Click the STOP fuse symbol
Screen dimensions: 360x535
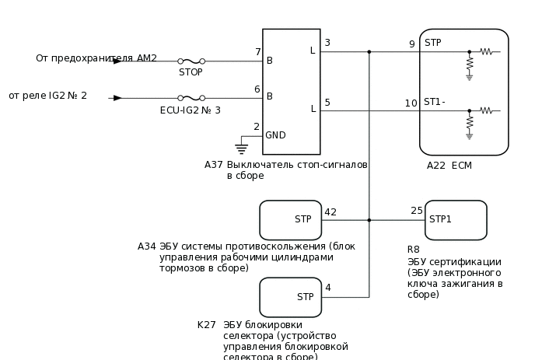pos(191,61)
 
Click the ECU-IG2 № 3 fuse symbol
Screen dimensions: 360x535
pos(191,98)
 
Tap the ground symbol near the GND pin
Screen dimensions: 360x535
pos(241,147)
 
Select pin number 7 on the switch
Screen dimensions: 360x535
pos(257,52)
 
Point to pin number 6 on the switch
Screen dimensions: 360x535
pos(257,89)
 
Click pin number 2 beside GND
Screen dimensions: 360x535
pos(257,127)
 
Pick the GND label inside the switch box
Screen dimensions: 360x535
pos(276,135)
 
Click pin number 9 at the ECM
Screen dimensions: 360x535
pos(411,44)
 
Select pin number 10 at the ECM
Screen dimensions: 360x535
pos(411,103)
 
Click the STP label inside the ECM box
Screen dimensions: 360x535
pos(433,43)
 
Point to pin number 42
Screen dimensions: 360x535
pos(330,211)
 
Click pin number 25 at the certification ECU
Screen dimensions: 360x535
pos(417,211)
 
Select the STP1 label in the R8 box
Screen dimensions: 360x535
pos(440,219)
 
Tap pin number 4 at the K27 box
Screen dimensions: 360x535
pos(327,288)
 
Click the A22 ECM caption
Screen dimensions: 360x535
pos(449,166)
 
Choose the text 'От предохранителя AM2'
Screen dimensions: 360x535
pos(96,58)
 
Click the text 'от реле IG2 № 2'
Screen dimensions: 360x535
pos(48,96)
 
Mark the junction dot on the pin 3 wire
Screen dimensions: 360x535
pos(369,52)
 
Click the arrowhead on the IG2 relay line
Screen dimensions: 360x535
pos(117,98)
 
